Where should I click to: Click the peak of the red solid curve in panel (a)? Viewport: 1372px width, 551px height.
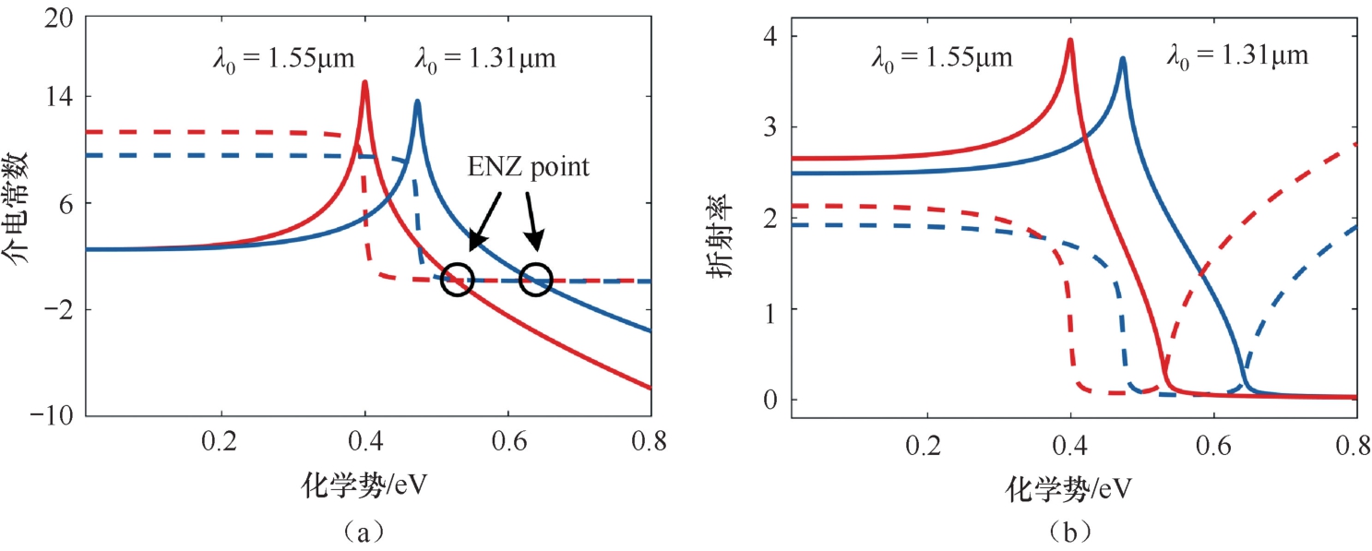365,82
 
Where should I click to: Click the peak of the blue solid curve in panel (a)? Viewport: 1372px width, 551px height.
418,102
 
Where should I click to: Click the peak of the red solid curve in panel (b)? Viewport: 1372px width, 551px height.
1069,40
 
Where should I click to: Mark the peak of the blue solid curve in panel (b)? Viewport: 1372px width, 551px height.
1122,58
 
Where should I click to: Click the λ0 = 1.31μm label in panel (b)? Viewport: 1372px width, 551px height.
1237,57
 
